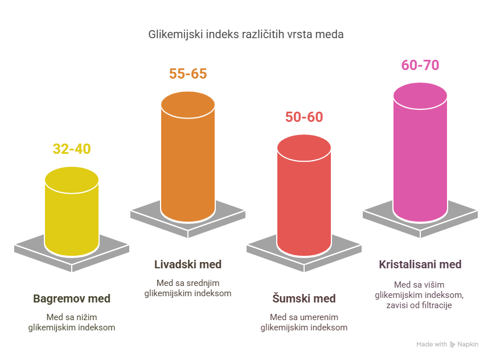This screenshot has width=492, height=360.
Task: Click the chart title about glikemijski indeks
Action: (x=246, y=35)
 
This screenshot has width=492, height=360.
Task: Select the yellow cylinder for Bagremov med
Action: (x=72, y=216)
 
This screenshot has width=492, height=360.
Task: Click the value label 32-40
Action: (x=72, y=149)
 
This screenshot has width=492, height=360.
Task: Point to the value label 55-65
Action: (x=188, y=74)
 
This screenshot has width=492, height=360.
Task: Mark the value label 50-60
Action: (x=304, y=117)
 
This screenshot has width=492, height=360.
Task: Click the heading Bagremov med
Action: (x=72, y=298)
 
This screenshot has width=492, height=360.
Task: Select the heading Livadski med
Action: (x=188, y=265)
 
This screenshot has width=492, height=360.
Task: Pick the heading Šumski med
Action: (x=304, y=298)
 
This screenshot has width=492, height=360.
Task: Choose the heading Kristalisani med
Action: (x=420, y=265)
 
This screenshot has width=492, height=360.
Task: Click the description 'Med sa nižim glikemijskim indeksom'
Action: (x=72, y=322)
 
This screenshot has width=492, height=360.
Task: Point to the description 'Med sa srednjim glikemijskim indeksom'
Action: (x=188, y=288)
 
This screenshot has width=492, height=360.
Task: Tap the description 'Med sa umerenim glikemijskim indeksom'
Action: (x=304, y=322)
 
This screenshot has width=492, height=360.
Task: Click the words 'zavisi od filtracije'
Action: (x=420, y=305)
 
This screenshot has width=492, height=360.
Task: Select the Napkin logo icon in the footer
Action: (x=453, y=345)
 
